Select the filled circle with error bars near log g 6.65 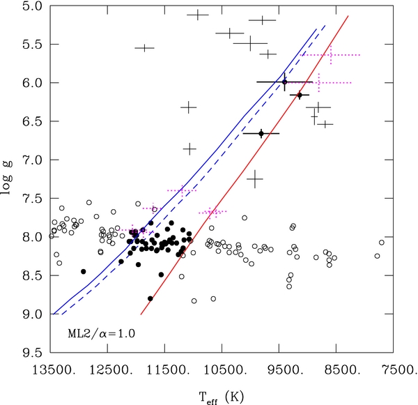(x=261, y=133)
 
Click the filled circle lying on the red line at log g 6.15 (x=300, y=95)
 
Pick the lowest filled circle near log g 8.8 (x=150, y=298)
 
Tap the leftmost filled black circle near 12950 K (x=83, y=271)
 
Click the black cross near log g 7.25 (x=255, y=179)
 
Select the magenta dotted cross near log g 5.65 (x=330, y=54)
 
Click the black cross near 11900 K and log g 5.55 (x=144, y=48)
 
